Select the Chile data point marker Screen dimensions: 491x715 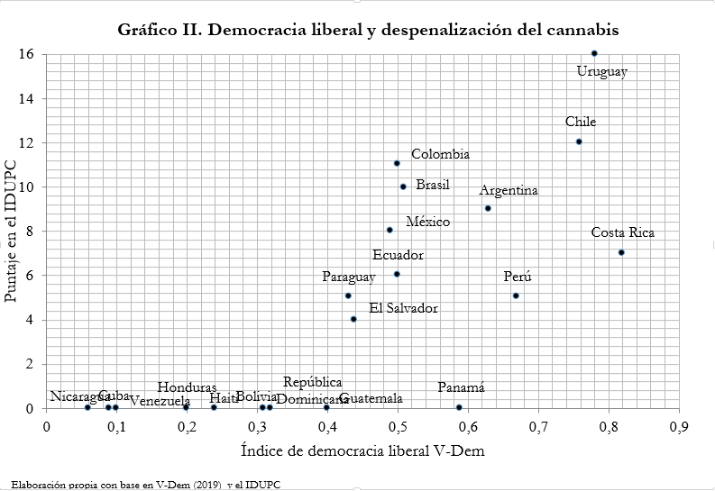tap(579, 141)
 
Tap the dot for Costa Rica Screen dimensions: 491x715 tap(621, 252)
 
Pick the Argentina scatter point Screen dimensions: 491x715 tap(488, 208)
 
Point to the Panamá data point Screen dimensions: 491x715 tap(459, 407)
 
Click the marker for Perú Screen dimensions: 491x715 tap(516, 296)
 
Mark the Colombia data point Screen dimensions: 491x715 tap(397, 163)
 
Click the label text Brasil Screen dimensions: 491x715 tap(432, 185)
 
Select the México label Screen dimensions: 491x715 tap(427, 222)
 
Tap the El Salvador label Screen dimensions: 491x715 tap(403, 308)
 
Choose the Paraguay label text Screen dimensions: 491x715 tap(349, 277)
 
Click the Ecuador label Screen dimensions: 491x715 tap(398, 255)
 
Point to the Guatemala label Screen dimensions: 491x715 tap(371, 398)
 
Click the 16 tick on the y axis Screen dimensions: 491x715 tap(26, 54)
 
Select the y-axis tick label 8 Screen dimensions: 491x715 tap(30, 231)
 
